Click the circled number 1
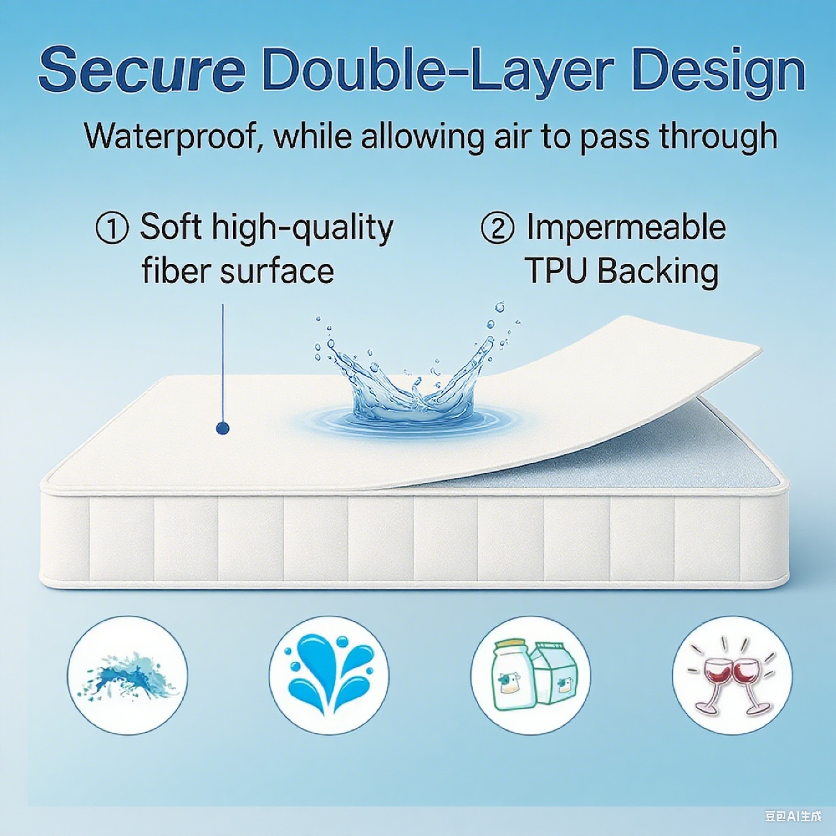[x=112, y=229]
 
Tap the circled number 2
[x=497, y=229]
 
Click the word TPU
[x=558, y=271]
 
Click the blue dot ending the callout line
[x=222, y=428]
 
